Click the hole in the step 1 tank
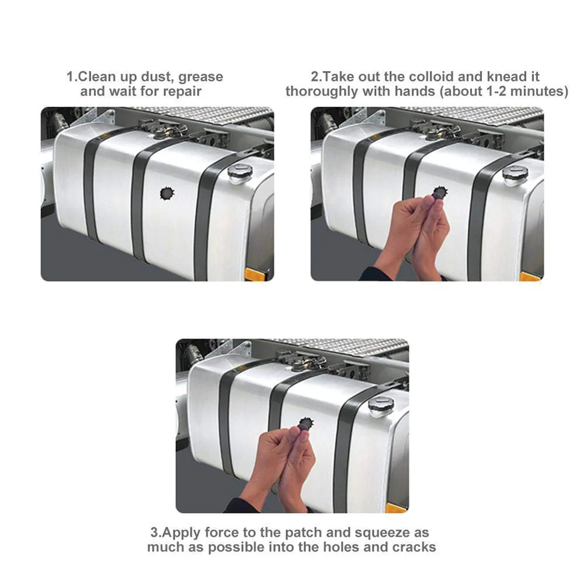tap(167, 193)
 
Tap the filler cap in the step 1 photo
tap(240, 173)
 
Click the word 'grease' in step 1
tap(200, 77)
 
